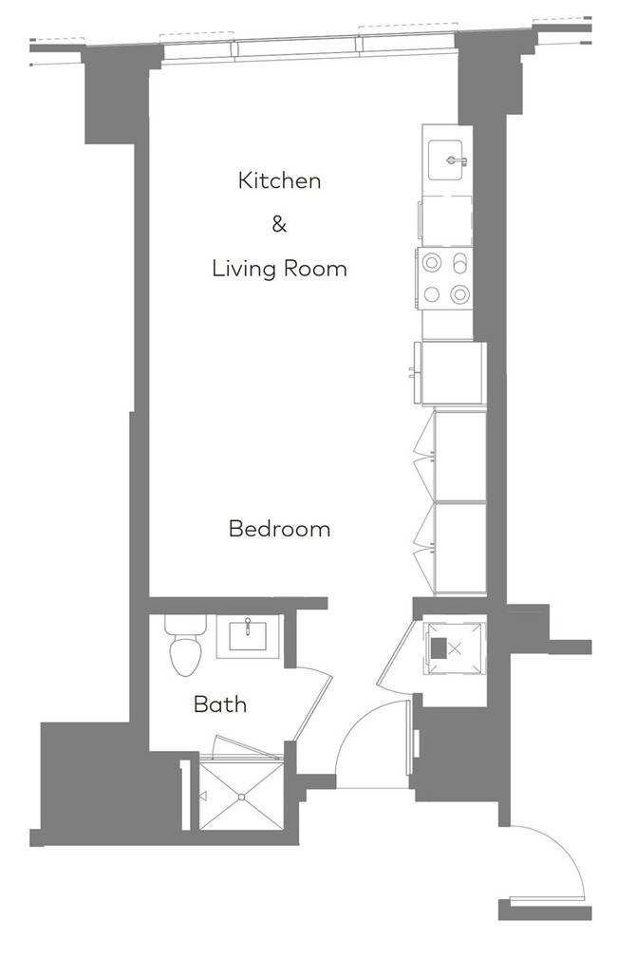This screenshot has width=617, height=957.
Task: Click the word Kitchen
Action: (x=279, y=180)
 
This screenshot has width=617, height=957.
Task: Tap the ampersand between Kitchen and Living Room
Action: (x=279, y=225)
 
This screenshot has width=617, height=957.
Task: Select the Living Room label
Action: (x=279, y=269)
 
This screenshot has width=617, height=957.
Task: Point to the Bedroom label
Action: (x=279, y=529)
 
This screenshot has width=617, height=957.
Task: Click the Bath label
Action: (x=220, y=704)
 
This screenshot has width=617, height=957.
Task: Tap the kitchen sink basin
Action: (x=447, y=159)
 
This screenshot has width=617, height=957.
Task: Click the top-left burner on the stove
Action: (x=432, y=262)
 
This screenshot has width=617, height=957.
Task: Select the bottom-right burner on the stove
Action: (x=460, y=294)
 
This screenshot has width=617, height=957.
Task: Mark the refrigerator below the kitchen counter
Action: (x=453, y=373)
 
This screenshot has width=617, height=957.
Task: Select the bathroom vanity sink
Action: (x=248, y=635)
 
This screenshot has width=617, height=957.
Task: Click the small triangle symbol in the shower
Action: (x=203, y=796)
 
